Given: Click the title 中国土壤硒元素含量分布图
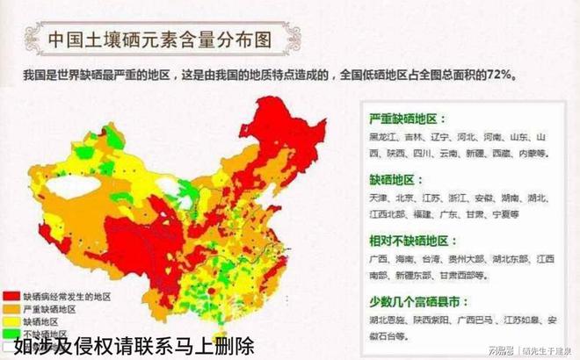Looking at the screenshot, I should (159, 40).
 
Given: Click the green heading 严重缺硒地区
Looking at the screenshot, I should (408, 119).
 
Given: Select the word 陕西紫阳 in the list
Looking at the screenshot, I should (435, 321).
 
